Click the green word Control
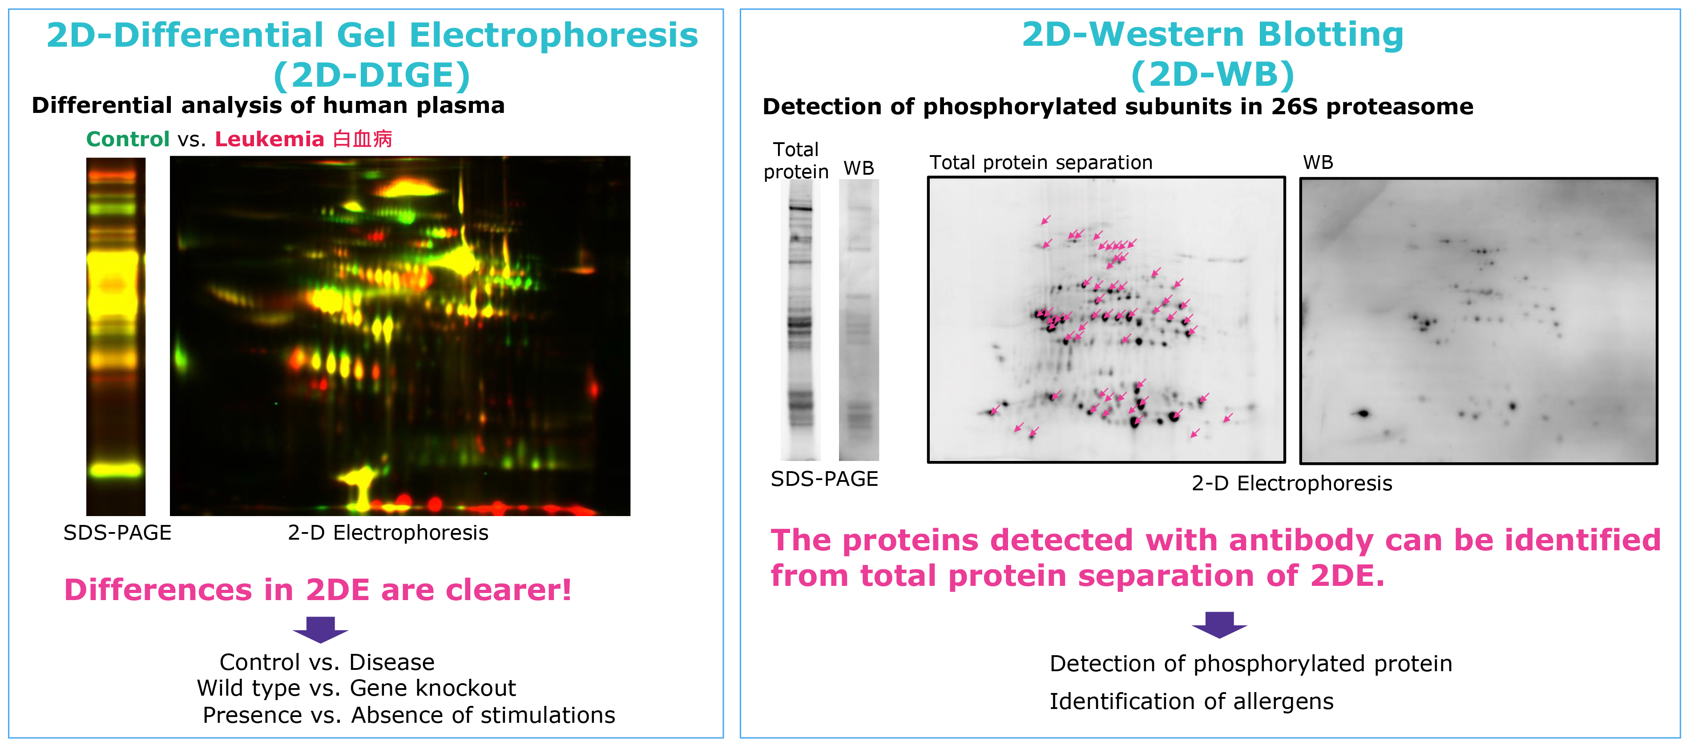click(x=128, y=139)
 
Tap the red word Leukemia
click(x=270, y=139)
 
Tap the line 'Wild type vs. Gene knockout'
click(x=356, y=688)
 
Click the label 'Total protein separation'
click(x=1041, y=163)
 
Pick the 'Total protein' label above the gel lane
click(x=796, y=160)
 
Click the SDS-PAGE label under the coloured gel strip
click(x=117, y=533)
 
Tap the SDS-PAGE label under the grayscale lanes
click(x=824, y=479)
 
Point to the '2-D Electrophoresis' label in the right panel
click(x=1292, y=483)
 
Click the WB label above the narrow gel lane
click(x=859, y=168)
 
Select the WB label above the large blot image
click(x=1318, y=163)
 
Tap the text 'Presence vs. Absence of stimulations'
click(x=409, y=715)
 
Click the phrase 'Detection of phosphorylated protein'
click(x=1250, y=664)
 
